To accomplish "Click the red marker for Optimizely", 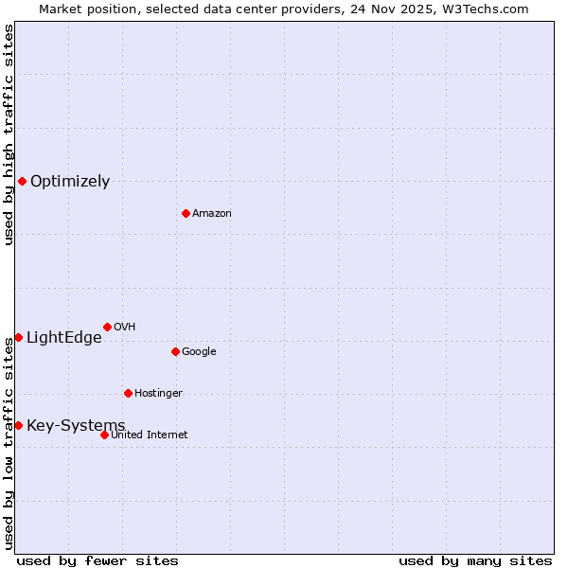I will [22, 181].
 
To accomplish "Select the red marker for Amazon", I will [186, 213].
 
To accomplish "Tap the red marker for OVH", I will [107, 327].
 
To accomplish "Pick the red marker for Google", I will [175, 351].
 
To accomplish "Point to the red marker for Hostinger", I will [128, 393].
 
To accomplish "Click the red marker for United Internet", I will [104, 435].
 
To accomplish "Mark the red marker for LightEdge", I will [18, 337].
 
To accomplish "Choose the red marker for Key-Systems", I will [18, 425].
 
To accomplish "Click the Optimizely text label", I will [70, 182].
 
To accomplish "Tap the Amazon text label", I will [212, 214].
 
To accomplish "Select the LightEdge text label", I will [63, 338].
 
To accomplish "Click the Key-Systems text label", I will [76, 426].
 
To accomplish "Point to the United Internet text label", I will [150, 435].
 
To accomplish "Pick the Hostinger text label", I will [158, 394].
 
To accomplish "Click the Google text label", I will [199, 352].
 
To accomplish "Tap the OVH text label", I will [124, 328].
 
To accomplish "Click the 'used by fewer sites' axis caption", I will [98, 560].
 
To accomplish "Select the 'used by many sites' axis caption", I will [475, 560].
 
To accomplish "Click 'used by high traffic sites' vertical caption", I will [9, 135].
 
